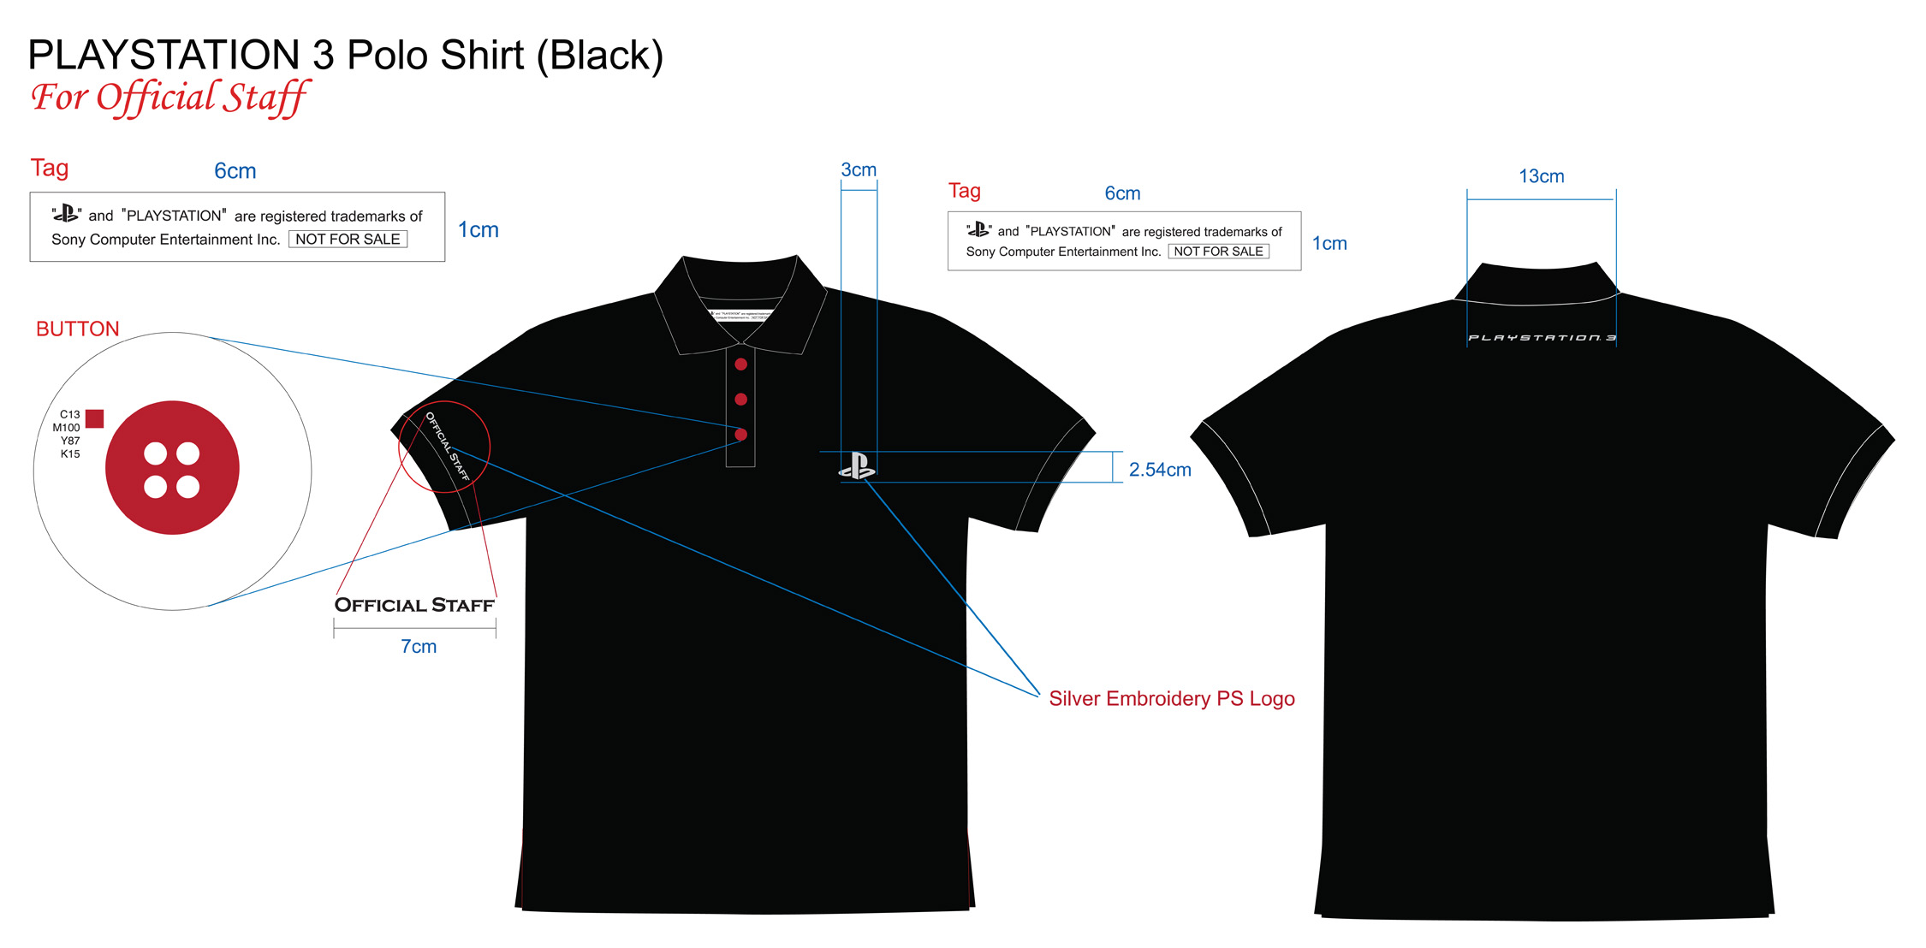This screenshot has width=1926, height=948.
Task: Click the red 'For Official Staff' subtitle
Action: (169, 98)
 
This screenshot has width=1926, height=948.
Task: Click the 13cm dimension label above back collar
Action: (1541, 176)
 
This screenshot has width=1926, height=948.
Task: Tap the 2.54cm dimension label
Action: (1160, 470)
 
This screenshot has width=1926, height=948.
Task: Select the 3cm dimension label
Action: (859, 169)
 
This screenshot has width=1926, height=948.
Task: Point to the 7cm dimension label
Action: (419, 647)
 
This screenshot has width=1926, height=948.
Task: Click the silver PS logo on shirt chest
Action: (857, 466)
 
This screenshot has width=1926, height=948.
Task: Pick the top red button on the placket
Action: (741, 364)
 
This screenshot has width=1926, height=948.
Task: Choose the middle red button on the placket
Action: (741, 400)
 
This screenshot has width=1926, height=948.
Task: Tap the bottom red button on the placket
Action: (741, 435)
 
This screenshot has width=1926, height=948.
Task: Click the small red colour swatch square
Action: (95, 418)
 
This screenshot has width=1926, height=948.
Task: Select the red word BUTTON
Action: (77, 329)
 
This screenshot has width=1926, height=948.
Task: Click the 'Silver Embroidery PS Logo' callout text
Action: (1172, 699)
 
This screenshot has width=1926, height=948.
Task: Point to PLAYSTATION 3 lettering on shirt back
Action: (1542, 338)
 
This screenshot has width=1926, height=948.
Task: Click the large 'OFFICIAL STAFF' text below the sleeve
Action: (414, 605)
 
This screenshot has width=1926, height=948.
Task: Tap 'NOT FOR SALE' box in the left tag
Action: (348, 240)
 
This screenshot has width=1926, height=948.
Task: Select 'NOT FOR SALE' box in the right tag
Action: (1218, 252)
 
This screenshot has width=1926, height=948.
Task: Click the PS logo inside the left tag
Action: (66, 214)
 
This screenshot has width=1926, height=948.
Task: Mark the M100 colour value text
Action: (66, 428)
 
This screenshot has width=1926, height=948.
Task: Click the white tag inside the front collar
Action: (741, 314)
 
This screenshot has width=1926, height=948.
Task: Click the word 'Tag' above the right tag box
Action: (964, 191)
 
